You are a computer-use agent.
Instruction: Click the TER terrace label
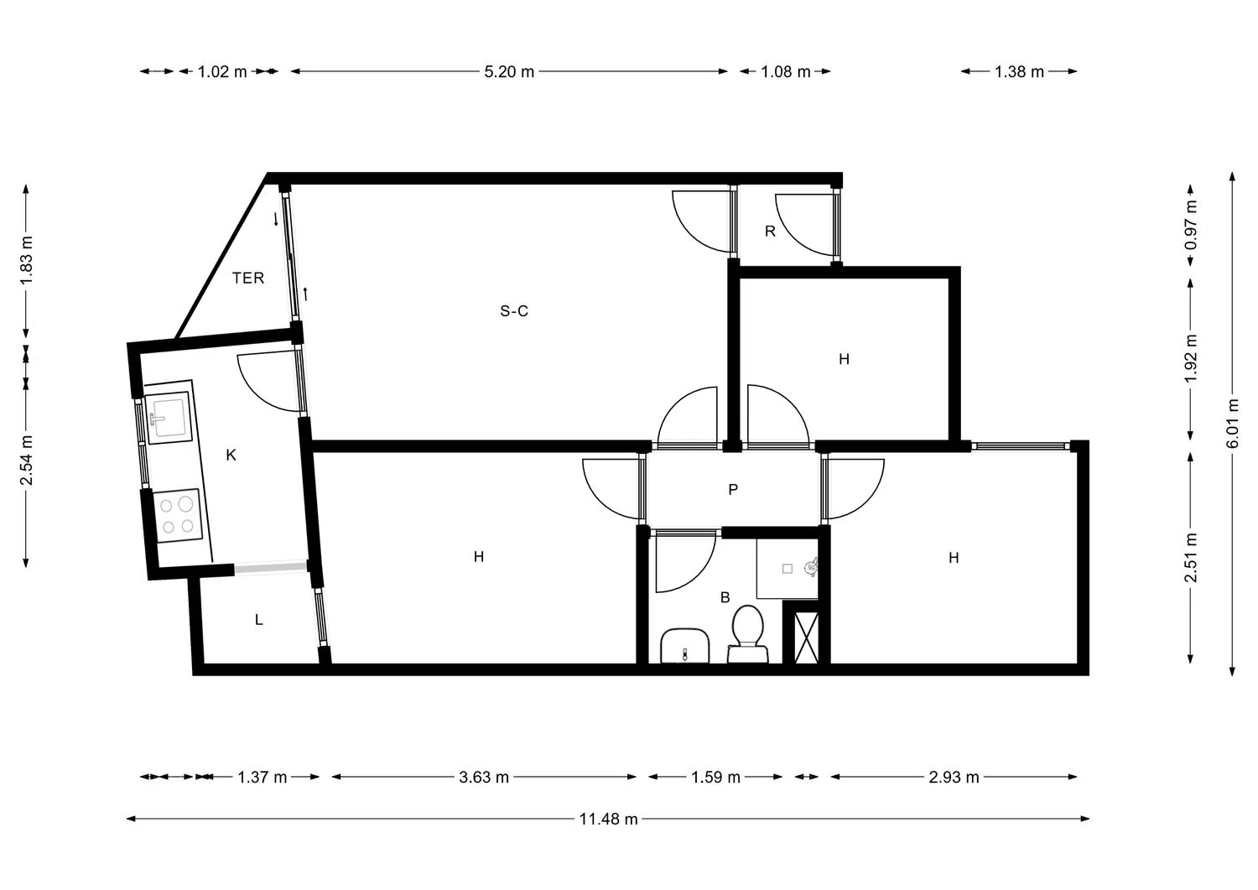pos(248,278)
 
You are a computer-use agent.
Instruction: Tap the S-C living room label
pos(514,310)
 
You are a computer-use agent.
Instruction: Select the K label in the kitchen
pos(231,455)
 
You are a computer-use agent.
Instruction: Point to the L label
pos(258,620)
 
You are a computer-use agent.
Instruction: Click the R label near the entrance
pos(770,231)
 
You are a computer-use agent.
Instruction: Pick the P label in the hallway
pos(733,489)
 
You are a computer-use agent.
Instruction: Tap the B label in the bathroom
pos(725,597)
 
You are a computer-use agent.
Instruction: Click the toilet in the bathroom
pos(747,634)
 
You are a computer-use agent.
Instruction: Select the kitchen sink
pos(169,418)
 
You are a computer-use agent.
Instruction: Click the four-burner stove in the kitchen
pos(178,515)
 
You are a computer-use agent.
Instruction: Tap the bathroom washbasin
pos(684,646)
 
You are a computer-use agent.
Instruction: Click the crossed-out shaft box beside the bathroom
pos(806,638)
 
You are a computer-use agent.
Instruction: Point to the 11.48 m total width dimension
pos(608,819)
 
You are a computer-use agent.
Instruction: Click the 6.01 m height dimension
pos(1232,423)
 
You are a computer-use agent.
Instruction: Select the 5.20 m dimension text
pos(509,71)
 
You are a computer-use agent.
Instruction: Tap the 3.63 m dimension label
pos(484,777)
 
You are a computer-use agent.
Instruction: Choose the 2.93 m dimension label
pos(954,777)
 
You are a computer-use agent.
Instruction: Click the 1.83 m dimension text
pos(26,261)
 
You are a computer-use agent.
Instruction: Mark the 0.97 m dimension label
pos(1190,225)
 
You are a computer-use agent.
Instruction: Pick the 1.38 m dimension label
pos(1019,71)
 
